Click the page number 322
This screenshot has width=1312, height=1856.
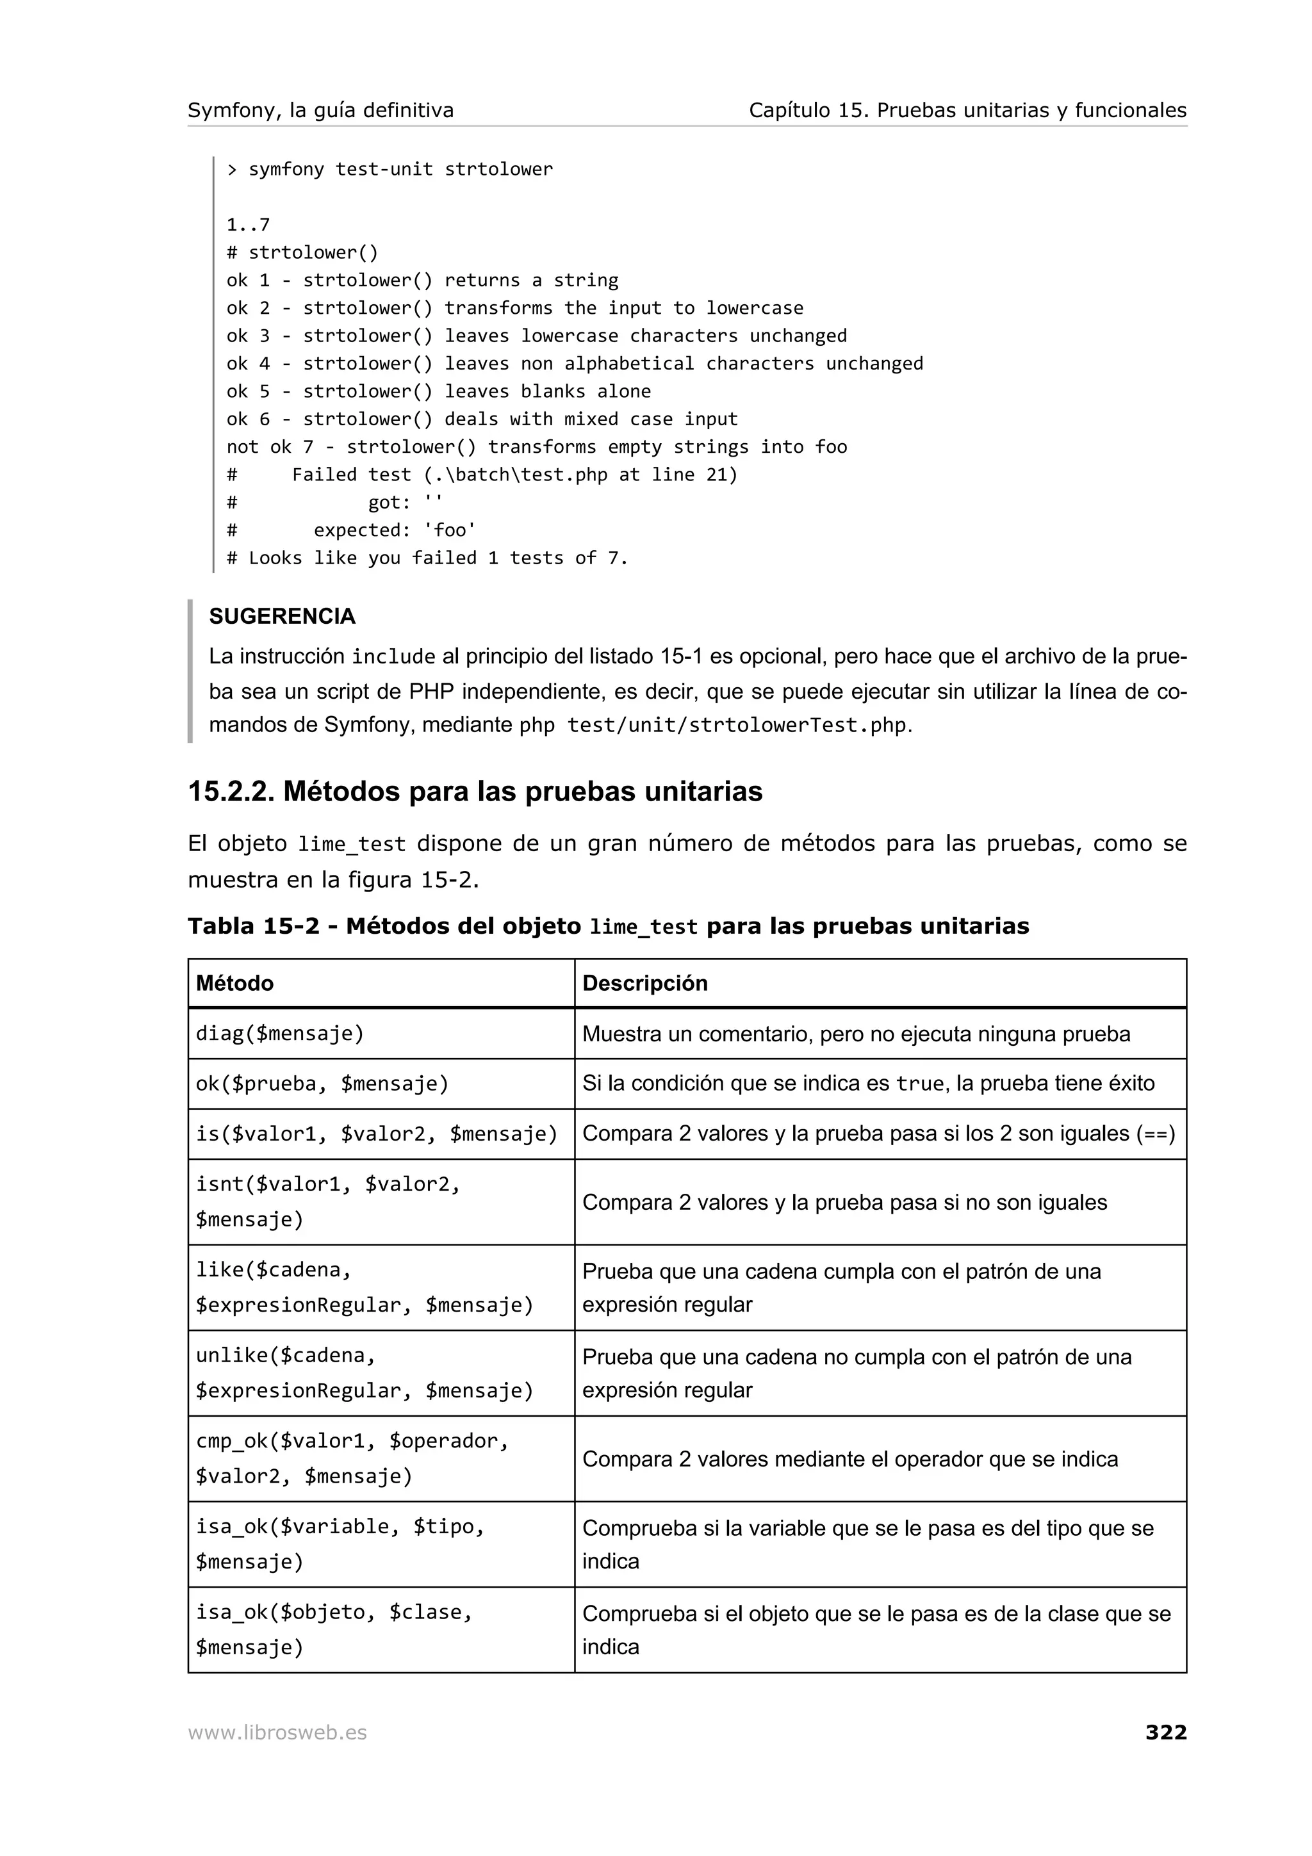1166,1732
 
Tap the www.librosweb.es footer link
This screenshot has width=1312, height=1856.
277,1732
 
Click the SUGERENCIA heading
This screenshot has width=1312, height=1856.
282,616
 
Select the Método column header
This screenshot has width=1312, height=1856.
234,983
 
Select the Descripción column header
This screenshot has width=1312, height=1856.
644,983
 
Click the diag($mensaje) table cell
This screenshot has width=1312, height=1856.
280,1033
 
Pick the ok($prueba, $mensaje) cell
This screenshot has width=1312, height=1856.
322,1083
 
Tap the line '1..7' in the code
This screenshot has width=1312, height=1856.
248,225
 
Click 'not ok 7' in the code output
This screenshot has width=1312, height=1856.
269,447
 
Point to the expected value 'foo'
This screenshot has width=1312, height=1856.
450,530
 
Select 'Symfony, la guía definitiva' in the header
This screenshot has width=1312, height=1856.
320,111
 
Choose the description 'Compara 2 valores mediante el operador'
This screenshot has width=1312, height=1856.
849,1459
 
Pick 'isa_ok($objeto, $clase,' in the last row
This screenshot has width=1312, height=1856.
334,1612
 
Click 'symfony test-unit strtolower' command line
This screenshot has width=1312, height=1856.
400,170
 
